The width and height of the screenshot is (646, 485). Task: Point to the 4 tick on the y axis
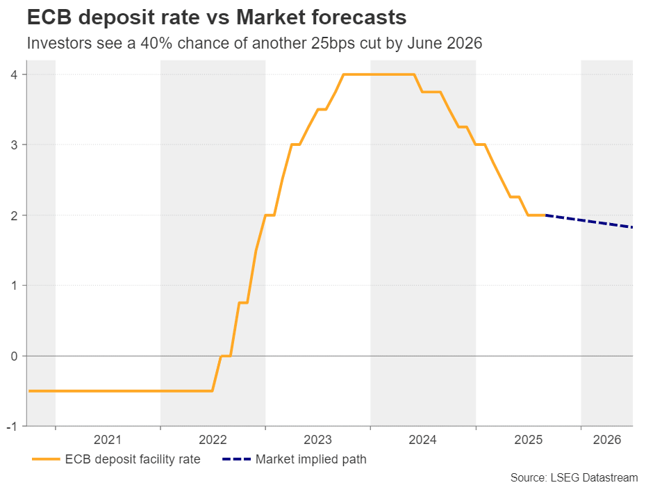(x=15, y=74)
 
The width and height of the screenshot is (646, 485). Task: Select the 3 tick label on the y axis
(x=15, y=145)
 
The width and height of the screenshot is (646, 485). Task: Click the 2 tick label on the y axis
(x=15, y=215)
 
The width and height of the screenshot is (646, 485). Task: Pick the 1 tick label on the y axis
(x=15, y=286)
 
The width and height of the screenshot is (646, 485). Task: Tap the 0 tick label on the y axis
(x=15, y=356)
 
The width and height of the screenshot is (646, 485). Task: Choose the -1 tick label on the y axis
(x=13, y=426)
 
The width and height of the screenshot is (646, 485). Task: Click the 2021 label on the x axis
(x=108, y=440)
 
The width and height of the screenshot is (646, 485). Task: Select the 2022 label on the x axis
(x=213, y=440)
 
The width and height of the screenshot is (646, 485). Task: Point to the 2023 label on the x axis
(x=317, y=440)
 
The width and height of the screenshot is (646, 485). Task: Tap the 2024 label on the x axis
(x=423, y=440)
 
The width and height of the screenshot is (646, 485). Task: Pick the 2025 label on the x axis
(x=528, y=440)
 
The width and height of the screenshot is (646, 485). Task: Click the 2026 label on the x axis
(x=606, y=440)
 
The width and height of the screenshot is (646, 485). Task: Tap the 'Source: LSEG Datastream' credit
(x=574, y=477)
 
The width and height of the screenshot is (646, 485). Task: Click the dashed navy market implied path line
(x=590, y=222)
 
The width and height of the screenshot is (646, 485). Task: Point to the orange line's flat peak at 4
(x=379, y=74)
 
